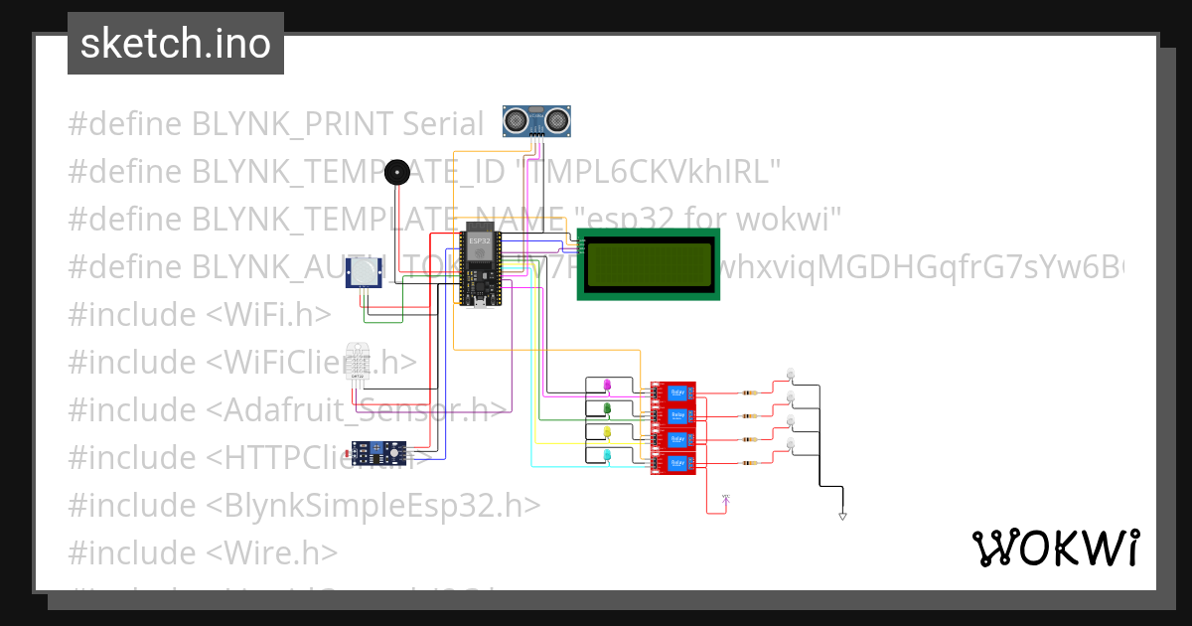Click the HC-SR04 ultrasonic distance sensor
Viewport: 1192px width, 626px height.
pos(539,121)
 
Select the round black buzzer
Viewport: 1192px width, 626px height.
pos(397,174)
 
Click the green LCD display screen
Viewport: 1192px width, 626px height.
pos(649,264)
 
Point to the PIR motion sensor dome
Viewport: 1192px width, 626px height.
pos(367,271)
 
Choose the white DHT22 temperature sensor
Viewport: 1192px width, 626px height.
pos(359,364)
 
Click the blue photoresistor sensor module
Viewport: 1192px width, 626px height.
pos(381,453)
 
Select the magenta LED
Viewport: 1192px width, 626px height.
pos(608,385)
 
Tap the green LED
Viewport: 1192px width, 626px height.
pos(607,408)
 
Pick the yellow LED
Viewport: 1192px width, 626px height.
pos(607,432)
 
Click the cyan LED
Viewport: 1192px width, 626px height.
pos(607,455)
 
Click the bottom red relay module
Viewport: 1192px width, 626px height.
pos(673,463)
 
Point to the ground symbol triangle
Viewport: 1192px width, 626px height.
pos(842,516)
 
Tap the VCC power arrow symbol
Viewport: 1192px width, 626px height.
pos(726,499)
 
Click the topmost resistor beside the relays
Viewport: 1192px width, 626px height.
pos(752,392)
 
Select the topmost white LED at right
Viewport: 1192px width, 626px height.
pos(791,374)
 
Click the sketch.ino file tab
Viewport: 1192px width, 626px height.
pos(176,44)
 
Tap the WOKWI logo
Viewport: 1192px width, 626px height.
pos(1055,548)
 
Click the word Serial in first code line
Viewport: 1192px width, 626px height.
pos(443,124)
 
